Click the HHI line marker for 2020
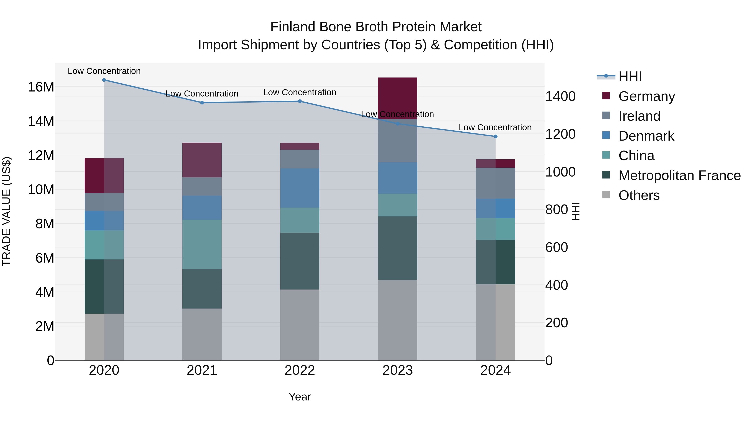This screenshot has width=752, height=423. [x=104, y=80]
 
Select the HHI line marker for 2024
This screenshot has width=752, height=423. [x=495, y=136]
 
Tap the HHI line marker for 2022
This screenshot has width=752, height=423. [x=300, y=101]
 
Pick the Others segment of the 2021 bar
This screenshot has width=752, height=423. [x=202, y=334]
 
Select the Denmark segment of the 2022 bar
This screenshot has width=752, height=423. [x=300, y=188]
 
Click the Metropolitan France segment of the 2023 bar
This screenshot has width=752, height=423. [x=398, y=248]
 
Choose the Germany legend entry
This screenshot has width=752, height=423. [x=646, y=96]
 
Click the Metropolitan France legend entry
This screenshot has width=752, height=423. [x=679, y=175]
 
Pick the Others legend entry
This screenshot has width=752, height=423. [x=639, y=195]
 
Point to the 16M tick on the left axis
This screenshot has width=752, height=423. [x=41, y=87]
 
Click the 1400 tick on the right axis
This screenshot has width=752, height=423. [x=560, y=96]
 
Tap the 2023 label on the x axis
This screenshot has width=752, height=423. [x=398, y=370]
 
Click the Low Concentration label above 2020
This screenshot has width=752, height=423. [x=104, y=71]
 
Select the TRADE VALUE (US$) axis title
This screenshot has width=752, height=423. [x=6, y=211]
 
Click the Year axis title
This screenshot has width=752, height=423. [x=300, y=397]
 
